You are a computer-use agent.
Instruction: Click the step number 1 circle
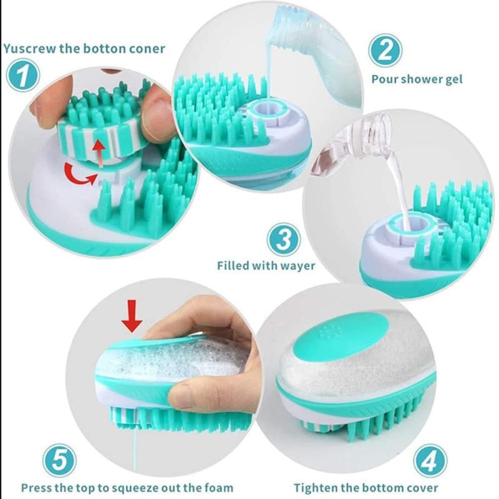24,77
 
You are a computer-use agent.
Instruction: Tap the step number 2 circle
385,51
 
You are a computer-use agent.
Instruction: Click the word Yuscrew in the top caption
29,48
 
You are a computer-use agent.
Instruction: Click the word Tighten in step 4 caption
316,488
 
